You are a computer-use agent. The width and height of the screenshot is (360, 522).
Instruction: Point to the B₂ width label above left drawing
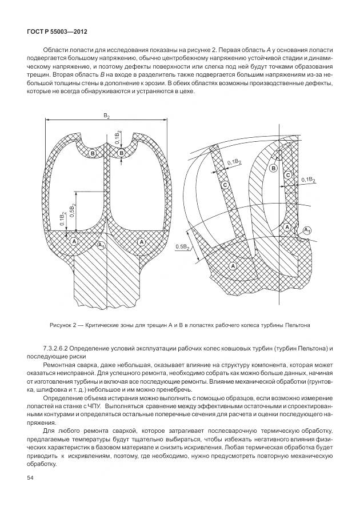pyautogui.click(x=106, y=116)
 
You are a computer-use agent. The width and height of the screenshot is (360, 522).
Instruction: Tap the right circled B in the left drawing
pyautogui.click(x=121, y=153)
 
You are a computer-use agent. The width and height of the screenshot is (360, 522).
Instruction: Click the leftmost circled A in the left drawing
pyautogui.click(x=74, y=242)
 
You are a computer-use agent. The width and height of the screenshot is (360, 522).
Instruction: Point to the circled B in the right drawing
pyautogui.click(x=273, y=168)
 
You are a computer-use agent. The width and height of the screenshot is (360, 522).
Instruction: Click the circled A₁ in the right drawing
pyautogui.click(x=307, y=230)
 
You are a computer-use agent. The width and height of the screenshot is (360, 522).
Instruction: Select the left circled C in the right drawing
pyautogui.click(x=226, y=185)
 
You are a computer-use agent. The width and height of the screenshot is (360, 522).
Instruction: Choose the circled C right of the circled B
pyautogui.click(x=288, y=174)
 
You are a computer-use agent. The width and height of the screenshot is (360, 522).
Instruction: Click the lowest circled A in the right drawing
pyautogui.click(x=233, y=266)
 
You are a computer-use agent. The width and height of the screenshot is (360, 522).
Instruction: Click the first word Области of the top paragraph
pyautogui.click(x=56, y=50)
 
